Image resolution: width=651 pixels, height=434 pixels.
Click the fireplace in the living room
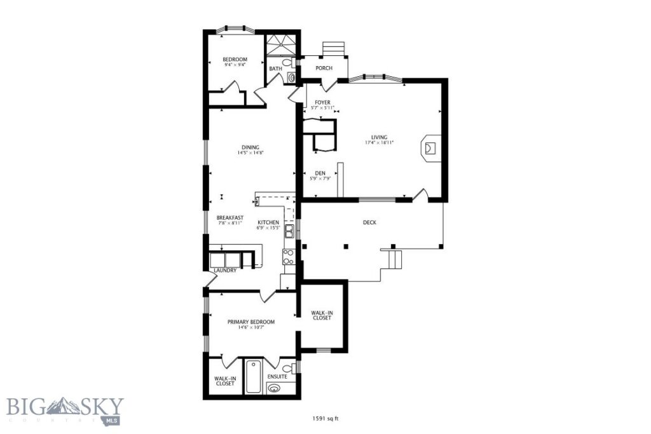click(430, 149)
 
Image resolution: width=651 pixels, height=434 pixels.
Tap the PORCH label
click(324, 68)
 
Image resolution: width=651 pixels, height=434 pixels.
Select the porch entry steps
click(332, 49)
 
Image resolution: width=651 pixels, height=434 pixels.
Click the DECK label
click(369, 222)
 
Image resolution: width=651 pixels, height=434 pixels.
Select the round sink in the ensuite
click(275, 389)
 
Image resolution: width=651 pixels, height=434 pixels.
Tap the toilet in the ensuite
click(288, 369)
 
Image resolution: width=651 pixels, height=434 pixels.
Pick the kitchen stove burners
click(287, 256)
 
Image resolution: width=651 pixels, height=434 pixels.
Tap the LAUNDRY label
click(225, 270)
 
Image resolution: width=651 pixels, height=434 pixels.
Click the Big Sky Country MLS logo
click(65, 410)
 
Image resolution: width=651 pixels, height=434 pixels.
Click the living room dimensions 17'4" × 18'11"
click(379, 143)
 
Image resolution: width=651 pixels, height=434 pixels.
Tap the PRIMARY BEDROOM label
click(251, 322)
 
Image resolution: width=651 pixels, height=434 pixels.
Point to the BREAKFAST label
click(230, 217)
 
